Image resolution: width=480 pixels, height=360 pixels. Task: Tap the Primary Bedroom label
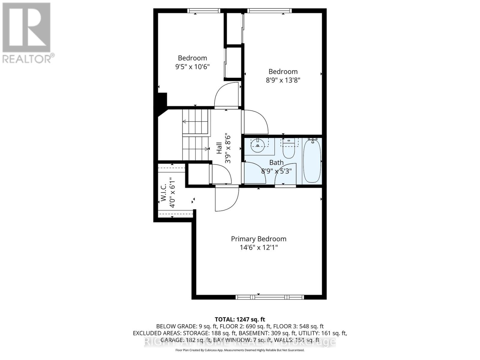[x=259, y=239]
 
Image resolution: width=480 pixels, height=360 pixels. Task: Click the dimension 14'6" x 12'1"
[x=259, y=247]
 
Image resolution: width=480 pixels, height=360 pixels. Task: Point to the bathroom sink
[x=257, y=145]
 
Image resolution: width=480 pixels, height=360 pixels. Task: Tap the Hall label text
[x=219, y=148]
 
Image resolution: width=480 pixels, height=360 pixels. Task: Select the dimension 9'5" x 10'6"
[x=192, y=67]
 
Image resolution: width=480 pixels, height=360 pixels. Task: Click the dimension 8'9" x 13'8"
[x=283, y=80]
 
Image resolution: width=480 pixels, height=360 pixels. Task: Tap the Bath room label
[x=276, y=163]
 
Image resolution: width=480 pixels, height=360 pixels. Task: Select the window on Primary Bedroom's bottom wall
[x=270, y=297]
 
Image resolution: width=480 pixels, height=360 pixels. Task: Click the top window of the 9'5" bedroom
[x=204, y=11]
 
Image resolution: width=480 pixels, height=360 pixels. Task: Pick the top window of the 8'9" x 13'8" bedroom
[x=269, y=11]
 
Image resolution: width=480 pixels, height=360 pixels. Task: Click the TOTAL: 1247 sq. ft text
[x=240, y=319]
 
